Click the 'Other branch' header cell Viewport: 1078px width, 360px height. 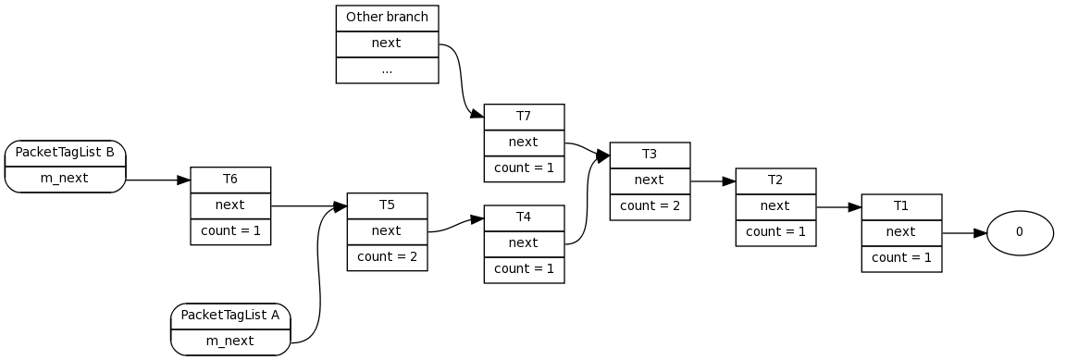387,18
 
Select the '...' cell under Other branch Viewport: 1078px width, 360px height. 387,70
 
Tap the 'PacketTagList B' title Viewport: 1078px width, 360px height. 65,153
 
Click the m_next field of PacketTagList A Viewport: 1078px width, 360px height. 230,341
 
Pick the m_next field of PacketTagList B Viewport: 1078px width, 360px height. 65,179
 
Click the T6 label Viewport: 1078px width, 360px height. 230,180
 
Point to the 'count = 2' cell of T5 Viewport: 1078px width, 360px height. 387,257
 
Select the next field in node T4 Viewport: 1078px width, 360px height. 524,243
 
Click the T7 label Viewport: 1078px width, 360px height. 524,117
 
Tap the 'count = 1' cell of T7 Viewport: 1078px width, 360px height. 524,168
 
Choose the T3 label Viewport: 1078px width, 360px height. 650,155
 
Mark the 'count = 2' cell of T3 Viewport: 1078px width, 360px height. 650,206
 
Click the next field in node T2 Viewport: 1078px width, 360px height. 775,206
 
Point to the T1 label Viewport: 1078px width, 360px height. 901,206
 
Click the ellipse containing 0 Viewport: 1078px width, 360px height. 1020,232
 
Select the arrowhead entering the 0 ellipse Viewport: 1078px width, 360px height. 980,233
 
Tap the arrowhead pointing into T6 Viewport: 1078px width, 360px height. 183,180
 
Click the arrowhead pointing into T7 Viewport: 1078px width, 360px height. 477,115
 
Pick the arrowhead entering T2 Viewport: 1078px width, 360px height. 729,181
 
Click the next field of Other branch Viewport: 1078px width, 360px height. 387,43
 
